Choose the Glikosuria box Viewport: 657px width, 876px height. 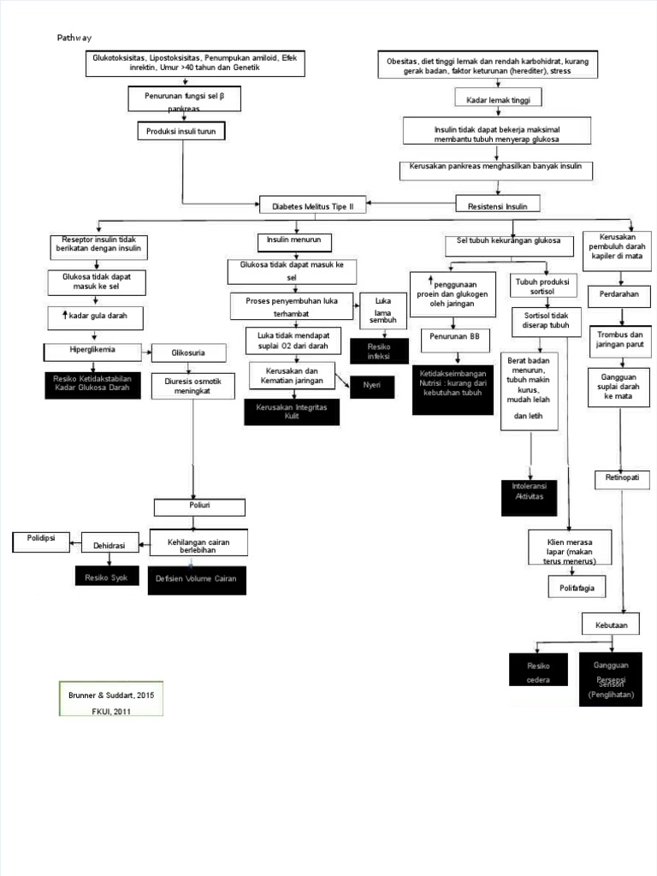click(189, 352)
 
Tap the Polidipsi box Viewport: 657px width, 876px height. click(41, 542)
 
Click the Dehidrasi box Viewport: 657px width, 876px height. click(109, 545)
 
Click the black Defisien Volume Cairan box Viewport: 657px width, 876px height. click(196, 579)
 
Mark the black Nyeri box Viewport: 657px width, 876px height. click(371, 386)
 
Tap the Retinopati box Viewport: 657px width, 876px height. click(623, 477)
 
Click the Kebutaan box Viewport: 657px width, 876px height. click(611, 624)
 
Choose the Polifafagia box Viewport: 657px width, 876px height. click(577, 589)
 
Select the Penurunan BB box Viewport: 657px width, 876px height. click(454, 337)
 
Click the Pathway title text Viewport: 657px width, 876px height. click(74, 38)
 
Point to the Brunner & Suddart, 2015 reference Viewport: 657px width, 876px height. click(109, 695)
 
